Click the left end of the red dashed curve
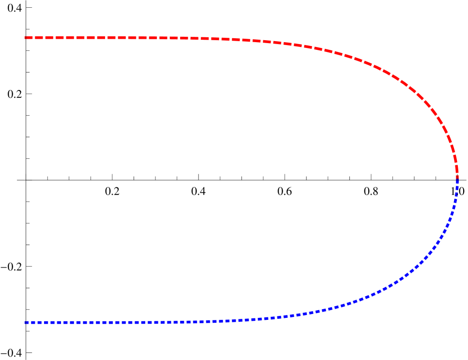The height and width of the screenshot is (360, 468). pos(25,38)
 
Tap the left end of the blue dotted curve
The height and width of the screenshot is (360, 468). pos(25,322)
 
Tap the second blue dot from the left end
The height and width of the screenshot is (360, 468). pos(33,322)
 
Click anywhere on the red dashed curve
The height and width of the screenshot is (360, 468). pos(145,38)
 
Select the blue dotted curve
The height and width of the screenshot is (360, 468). pos(145,322)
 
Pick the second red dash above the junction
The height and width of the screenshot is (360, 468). pos(454,160)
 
